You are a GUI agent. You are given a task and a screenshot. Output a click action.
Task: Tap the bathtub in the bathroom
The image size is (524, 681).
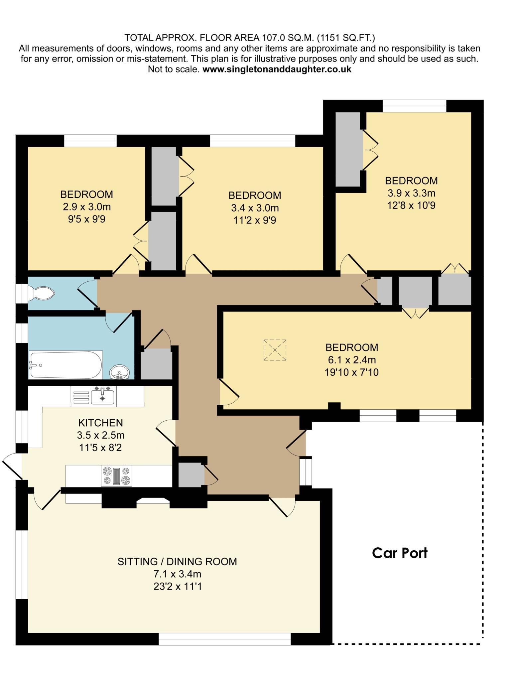[x=65, y=365]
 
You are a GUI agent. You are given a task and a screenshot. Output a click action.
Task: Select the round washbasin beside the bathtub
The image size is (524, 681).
[x=119, y=371]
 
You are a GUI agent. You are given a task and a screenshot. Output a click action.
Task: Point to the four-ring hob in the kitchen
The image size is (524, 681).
[x=116, y=476]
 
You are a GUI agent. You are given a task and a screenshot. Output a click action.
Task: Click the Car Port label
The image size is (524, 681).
[x=399, y=553]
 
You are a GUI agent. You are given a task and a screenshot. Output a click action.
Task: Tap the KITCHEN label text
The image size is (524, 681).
[x=100, y=423]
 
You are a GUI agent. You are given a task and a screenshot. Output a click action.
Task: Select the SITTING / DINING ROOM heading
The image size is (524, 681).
[x=177, y=562]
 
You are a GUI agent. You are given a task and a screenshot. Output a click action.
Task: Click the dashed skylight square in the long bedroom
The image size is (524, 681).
[x=275, y=350]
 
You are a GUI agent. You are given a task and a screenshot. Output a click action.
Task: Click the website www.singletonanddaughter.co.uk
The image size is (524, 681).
[x=277, y=69]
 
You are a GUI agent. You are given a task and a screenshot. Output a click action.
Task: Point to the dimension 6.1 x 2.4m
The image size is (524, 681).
[x=352, y=360]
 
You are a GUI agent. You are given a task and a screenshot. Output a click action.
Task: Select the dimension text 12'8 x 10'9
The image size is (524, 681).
[x=411, y=205]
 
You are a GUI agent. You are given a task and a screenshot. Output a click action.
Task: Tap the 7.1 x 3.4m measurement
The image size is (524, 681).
[x=177, y=574]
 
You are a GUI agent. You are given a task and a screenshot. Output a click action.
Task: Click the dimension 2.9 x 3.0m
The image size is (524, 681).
[x=87, y=207]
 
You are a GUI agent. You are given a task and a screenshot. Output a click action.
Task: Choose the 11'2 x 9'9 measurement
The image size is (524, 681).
[x=255, y=220]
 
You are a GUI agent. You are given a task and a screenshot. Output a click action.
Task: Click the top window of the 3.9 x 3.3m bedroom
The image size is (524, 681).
[x=414, y=106]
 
